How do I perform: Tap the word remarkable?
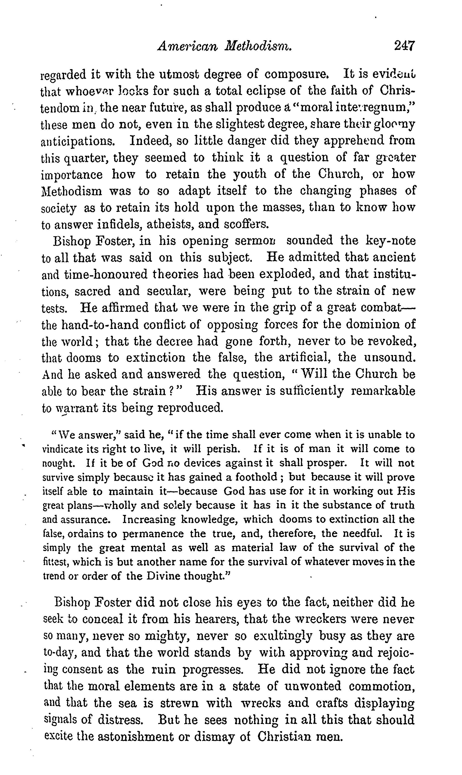383,391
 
